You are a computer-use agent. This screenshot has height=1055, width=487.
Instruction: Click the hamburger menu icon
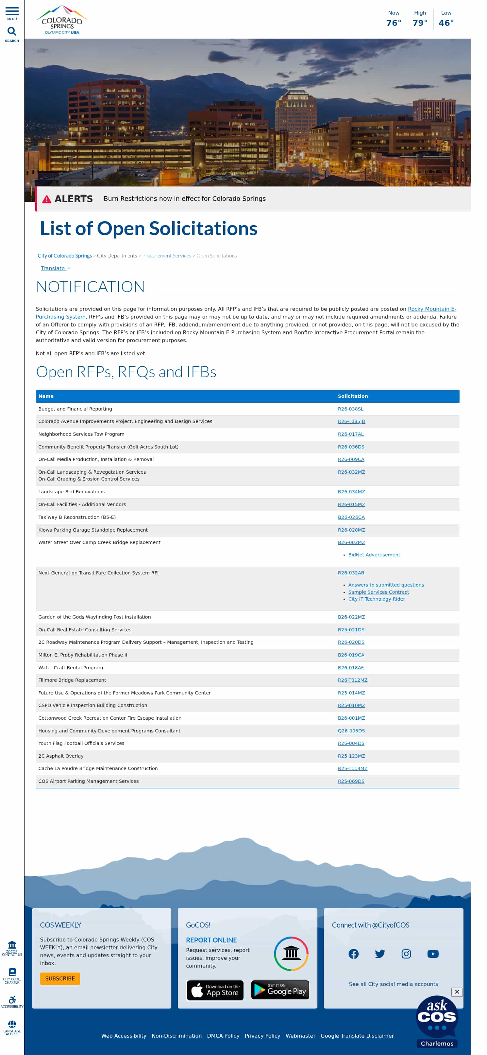click(x=12, y=11)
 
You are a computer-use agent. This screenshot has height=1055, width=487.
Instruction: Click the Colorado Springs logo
click(x=62, y=20)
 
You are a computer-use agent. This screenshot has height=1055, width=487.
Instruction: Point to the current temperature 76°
click(x=393, y=23)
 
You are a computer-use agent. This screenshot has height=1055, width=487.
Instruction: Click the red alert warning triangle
click(x=47, y=199)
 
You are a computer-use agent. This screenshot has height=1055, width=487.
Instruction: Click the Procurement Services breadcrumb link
click(x=167, y=255)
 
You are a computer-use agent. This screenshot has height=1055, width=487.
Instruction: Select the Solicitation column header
click(x=352, y=396)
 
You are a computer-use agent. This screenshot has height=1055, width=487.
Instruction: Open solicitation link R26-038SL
click(x=350, y=409)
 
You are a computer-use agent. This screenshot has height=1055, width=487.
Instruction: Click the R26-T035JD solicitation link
click(x=351, y=421)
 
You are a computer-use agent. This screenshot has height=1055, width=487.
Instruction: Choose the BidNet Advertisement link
click(x=374, y=554)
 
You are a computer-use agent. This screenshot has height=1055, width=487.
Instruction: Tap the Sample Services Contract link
click(x=378, y=592)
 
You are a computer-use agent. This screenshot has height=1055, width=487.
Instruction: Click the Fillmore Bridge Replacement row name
click(x=72, y=680)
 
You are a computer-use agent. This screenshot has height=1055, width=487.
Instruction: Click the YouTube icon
click(x=432, y=954)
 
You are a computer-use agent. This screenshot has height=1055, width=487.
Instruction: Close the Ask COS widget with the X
click(x=456, y=992)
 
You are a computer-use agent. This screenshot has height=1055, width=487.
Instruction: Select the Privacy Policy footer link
click(x=262, y=1035)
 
